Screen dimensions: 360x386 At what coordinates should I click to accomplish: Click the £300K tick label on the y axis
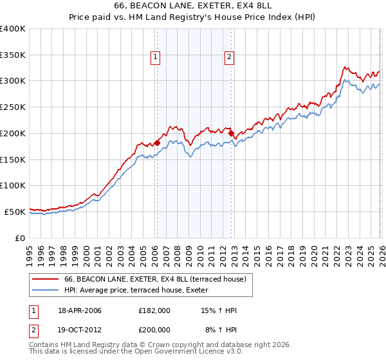[13, 81]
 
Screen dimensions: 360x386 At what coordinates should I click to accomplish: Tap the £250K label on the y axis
[13, 107]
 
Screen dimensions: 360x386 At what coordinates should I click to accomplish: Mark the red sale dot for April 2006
[157, 143]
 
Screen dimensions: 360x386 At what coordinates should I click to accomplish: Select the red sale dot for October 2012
[231, 134]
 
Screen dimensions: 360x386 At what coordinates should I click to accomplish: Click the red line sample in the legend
[46, 279]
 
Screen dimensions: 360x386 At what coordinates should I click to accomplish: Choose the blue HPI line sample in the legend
[46, 290]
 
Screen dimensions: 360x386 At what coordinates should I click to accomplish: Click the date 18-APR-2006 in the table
[80, 310]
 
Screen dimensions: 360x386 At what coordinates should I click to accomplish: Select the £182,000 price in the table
[154, 310]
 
